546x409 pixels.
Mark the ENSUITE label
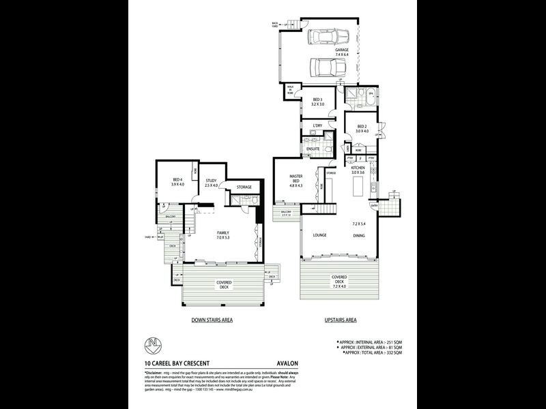coord(314,149)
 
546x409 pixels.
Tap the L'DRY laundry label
coord(317,127)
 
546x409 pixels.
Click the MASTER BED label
coord(296,179)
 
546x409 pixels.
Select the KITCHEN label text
coord(359,170)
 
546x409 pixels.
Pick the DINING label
coord(360,236)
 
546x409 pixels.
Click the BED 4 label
coord(177,181)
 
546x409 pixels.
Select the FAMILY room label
coord(223,234)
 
